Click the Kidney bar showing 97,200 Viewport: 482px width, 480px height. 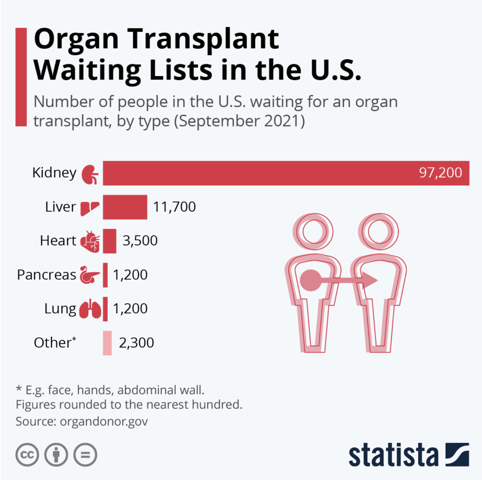(x=286, y=173)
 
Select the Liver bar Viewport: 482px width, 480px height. (x=125, y=207)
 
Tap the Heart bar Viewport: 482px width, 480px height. (x=109, y=241)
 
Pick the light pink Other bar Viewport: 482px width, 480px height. (x=107, y=343)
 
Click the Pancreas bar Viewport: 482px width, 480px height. (x=105, y=275)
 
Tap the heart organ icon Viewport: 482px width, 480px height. (x=90, y=242)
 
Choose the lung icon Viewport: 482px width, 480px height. (x=90, y=309)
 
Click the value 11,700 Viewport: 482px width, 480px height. (x=174, y=207)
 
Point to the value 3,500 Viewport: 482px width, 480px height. (x=140, y=241)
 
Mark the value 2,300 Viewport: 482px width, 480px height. (x=136, y=343)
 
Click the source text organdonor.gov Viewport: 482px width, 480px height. (x=104, y=421)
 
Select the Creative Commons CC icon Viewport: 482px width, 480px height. (x=27, y=455)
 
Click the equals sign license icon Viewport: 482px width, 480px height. (x=85, y=455)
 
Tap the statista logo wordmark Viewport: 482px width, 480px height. (x=393, y=455)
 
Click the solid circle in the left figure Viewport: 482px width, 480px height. (x=311, y=280)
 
